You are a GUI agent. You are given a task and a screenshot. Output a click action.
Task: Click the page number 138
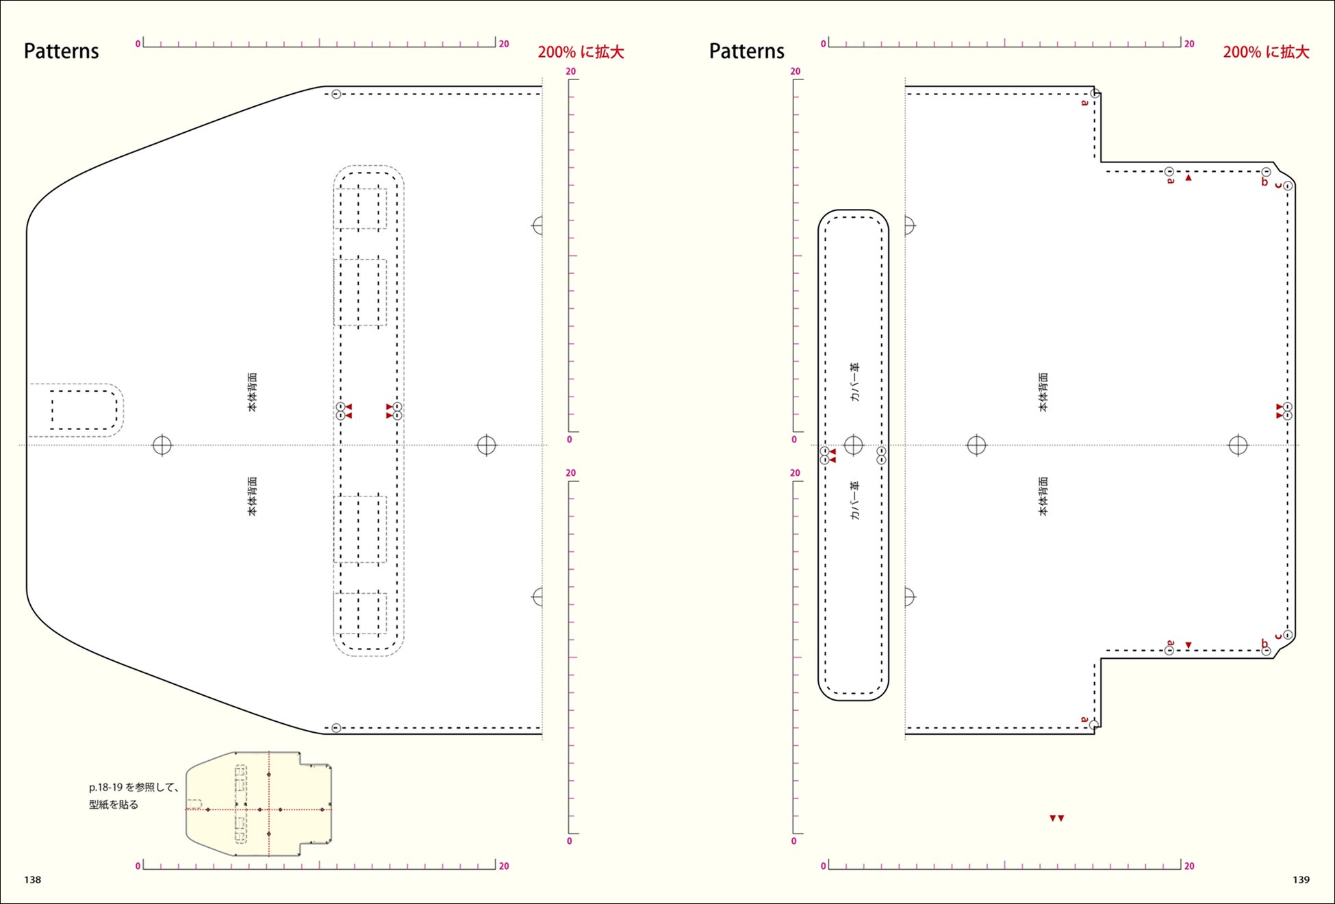pyautogui.click(x=33, y=880)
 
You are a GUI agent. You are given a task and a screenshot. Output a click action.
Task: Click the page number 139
pyautogui.click(x=1301, y=880)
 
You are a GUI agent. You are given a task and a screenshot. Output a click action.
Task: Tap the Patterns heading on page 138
pyautogui.click(x=62, y=51)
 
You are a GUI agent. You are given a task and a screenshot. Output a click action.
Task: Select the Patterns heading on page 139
pyautogui.click(x=747, y=51)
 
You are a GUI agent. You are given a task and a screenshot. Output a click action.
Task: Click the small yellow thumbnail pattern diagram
pyautogui.click(x=259, y=804)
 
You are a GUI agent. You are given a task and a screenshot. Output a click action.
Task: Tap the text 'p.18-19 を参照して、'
pyautogui.click(x=134, y=788)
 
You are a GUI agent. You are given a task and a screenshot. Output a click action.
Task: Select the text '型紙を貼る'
pyautogui.click(x=114, y=805)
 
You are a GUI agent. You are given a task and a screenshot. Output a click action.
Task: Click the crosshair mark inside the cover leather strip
pyautogui.click(x=853, y=445)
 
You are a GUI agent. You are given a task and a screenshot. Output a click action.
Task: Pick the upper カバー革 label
pyautogui.click(x=854, y=382)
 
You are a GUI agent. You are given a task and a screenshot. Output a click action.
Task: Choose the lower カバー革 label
pyautogui.click(x=854, y=501)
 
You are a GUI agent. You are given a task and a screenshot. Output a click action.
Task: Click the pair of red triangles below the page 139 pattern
pyautogui.click(x=1057, y=818)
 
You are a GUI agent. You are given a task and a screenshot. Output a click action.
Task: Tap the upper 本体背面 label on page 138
pyautogui.click(x=253, y=392)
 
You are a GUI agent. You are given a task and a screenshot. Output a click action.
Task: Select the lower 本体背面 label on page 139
pyautogui.click(x=1043, y=497)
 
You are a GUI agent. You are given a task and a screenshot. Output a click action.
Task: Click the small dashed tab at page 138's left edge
pyautogui.click(x=75, y=410)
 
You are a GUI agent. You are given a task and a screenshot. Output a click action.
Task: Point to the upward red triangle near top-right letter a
pyautogui.click(x=1188, y=178)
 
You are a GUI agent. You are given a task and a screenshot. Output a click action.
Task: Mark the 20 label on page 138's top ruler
pyautogui.click(x=504, y=44)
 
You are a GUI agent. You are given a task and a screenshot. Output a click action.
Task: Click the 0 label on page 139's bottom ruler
pyautogui.click(x=823, y=866)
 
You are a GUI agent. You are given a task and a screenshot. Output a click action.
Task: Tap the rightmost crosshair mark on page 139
pyautogui.click(x=1238, y=445)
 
